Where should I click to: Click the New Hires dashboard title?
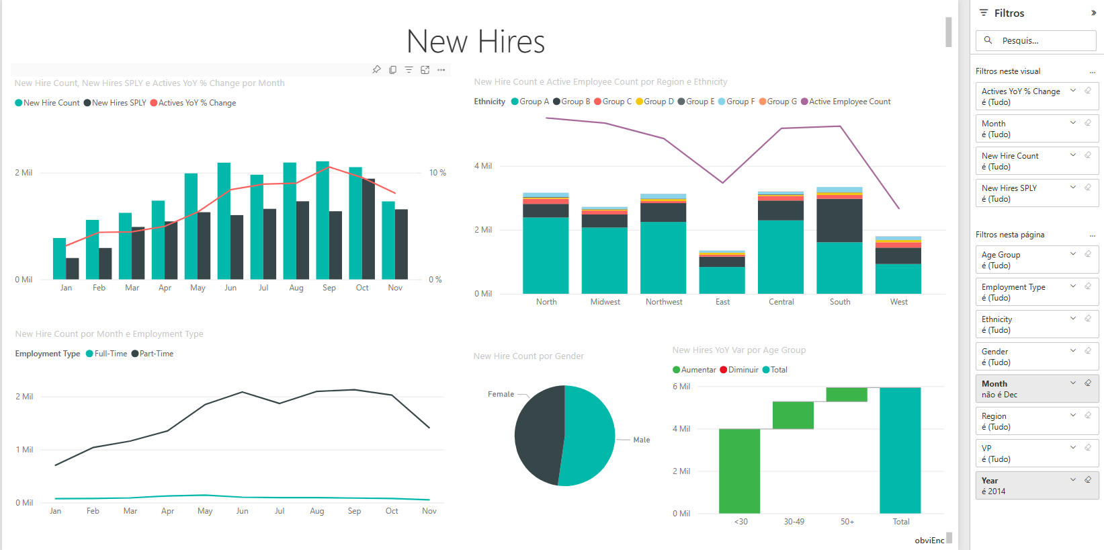point(476,42)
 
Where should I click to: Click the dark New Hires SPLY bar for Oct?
point(368,229)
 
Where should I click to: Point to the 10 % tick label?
point(437,173)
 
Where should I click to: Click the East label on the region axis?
point(722,302)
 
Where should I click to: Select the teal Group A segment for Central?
point(781,257)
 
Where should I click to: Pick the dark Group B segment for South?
point(839,221)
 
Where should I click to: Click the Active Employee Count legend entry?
point(849,102)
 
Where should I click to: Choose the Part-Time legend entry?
point(156,354)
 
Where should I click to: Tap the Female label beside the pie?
point(501,394)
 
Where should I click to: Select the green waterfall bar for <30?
point(739,471)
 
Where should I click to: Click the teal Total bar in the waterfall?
point(900,450)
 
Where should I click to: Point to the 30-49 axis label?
point(794,522)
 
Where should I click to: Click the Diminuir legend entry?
point(742,370)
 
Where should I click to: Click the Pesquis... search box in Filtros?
point(1040,40)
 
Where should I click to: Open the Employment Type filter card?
point(1036,292)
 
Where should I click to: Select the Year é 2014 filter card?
point(1036,485)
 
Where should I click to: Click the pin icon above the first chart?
point(376,69)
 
